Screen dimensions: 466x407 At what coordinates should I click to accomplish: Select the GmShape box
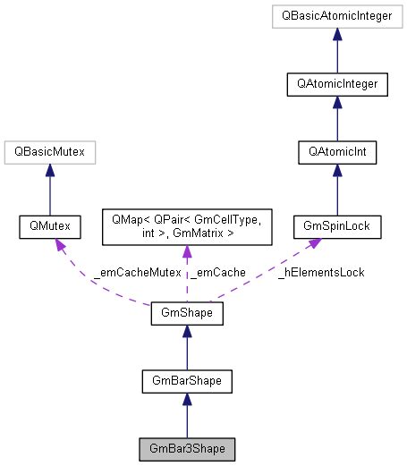click(186, 314)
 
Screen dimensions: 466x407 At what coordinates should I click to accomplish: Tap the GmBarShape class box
click(186, 382)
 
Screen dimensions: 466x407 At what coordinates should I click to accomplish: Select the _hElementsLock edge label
click(320, 271)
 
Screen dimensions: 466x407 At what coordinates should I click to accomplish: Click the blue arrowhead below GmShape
click(186, 332)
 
